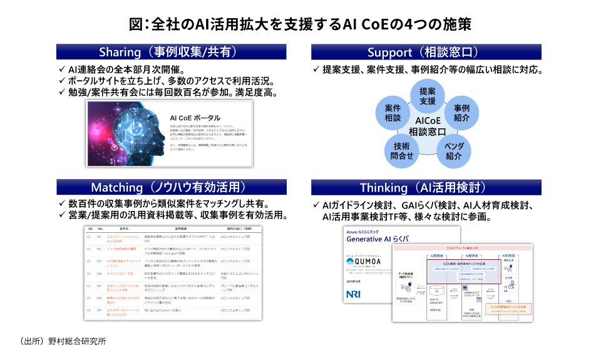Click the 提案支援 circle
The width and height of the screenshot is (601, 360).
click(x=427, y=96)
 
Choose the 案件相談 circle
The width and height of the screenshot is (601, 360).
click(x=392, y=113)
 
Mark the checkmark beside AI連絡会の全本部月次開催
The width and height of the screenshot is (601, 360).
click(x=61, y=69)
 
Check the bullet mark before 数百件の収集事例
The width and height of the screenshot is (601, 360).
click(x=61, y=204)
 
